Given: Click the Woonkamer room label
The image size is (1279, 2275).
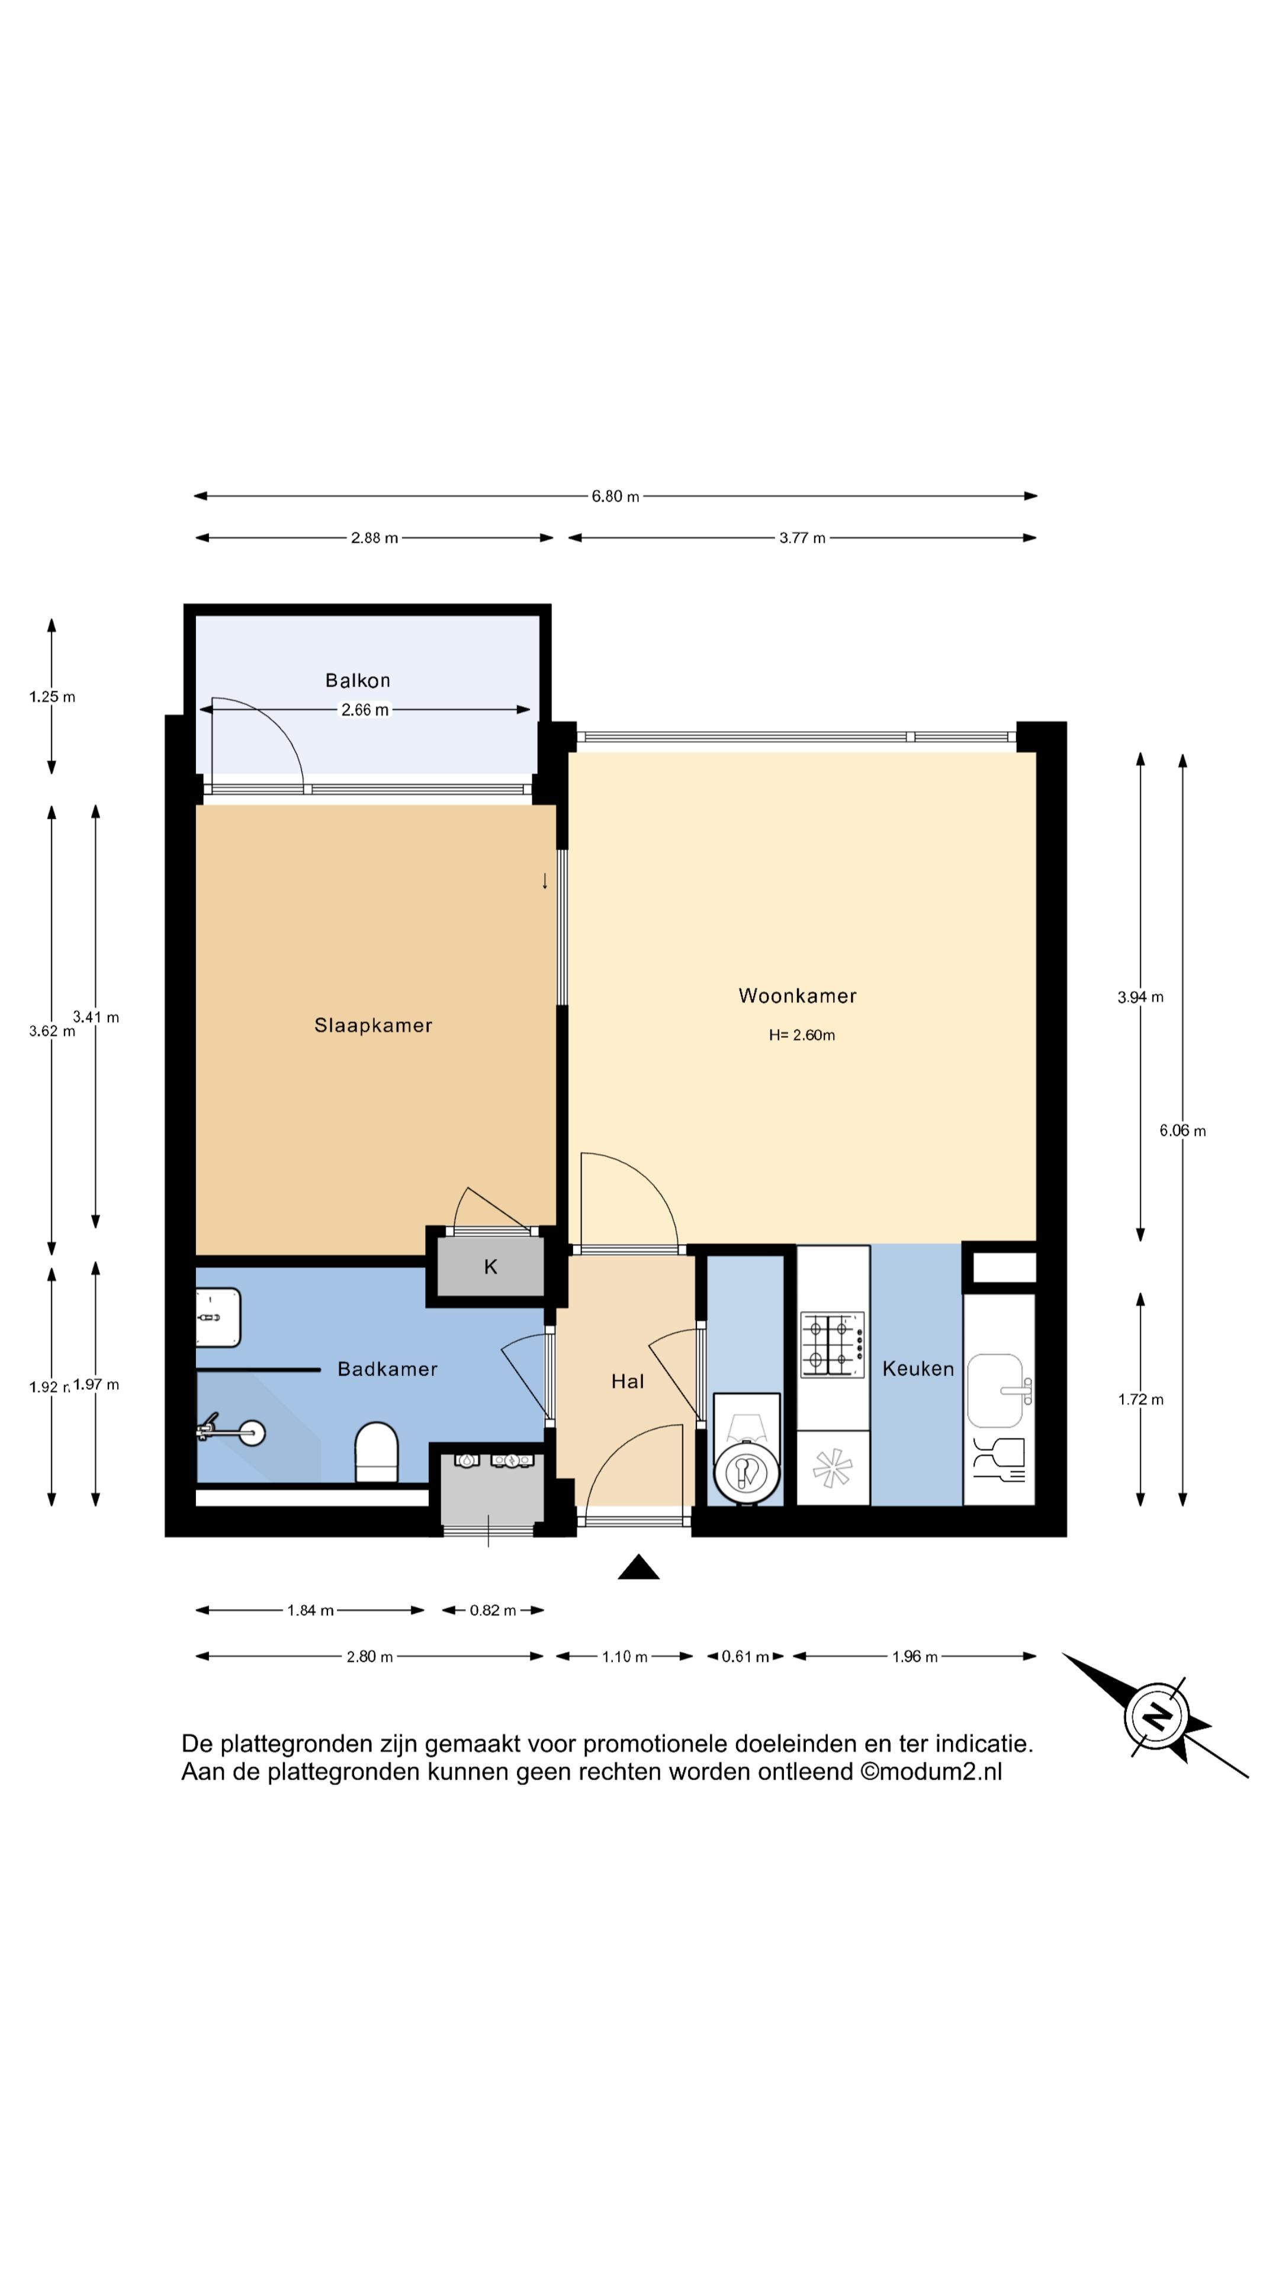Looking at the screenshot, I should pyautogui.click(x=797, y=995).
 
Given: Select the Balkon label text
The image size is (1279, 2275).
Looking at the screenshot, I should pyautogui.click(x=358, y=680).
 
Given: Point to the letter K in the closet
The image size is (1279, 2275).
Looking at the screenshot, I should pyautogui.click(x=491, y=1267).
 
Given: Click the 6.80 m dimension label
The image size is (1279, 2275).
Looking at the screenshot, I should pyautogui.click(x=615, y=496).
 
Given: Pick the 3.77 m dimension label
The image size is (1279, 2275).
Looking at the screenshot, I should pyautogui.click(x=802, y=538).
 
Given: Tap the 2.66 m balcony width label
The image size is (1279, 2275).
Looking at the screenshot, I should pyautogui.click(x=365, y=710).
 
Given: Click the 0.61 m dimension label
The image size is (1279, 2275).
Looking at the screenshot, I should pyautogui.click(x=745, y=1657).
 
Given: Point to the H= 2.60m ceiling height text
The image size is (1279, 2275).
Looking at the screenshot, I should pyautogui.click(x=802, y=1035).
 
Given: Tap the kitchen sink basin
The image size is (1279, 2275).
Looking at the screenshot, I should pyautogui.click(x=995, y=1391).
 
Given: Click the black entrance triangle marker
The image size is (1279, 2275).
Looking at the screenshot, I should pyautogui.click(x=638, y=1568).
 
